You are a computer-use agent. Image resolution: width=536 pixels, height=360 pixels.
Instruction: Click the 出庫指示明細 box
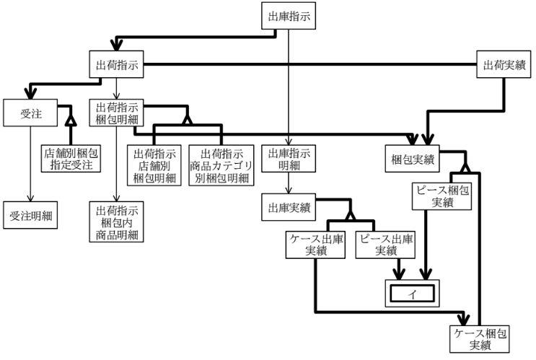[x=289, y=159]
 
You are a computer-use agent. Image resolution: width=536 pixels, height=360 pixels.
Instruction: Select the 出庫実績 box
[x=289, y=208]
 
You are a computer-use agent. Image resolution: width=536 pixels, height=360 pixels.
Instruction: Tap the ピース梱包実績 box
[x=443, y=196]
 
